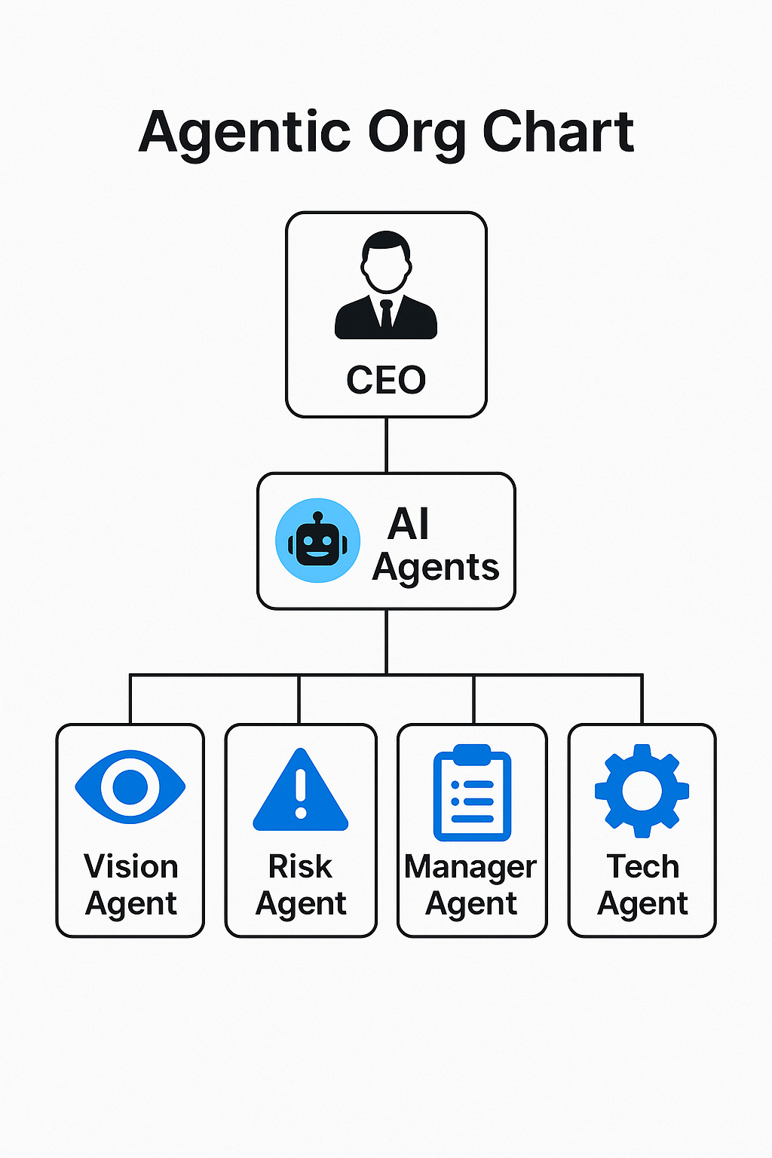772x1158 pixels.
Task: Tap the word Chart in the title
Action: (x=558, y=132)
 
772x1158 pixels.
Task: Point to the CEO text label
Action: (x=386, y=380)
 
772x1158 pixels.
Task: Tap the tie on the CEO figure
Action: (x=386, y=312)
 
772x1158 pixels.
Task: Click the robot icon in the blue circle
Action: (x=317, y=541)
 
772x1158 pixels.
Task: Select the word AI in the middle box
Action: (x=408, y=523)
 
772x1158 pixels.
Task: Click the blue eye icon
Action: (x=130, y=786)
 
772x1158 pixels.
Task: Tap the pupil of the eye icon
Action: (x=130, y=786)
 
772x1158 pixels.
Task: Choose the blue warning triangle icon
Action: (x=301, y=792)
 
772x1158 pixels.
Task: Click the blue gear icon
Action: (x=642, y=791)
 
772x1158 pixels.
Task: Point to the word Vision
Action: (x=131, y=867)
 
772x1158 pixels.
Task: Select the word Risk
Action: (x=300, y=867)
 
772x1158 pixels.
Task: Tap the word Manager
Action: (x=470, y=868)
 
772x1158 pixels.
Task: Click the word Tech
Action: (x=642, y=867)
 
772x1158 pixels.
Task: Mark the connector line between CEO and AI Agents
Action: (x=386, y=445)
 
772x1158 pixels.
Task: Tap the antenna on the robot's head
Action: (x=317, y=519)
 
